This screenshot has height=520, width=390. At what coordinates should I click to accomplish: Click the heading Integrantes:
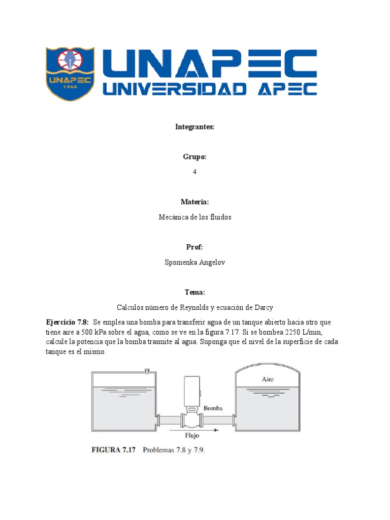click(x=194, y=127)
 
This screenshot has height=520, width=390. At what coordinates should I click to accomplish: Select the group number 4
click(x=194, y=172)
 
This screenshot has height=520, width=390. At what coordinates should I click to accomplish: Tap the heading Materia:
click(x=194, y=202)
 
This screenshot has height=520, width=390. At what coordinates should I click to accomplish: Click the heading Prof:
click(x=194, y=247)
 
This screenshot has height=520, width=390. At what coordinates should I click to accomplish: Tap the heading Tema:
click(x=194, y=292)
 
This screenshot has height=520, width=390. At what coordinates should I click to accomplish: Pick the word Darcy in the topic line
click(x=263, y=308)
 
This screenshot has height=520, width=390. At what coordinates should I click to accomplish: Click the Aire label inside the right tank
click(x=268, y=379)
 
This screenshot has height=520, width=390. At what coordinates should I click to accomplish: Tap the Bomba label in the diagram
click(x=213, y=408)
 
